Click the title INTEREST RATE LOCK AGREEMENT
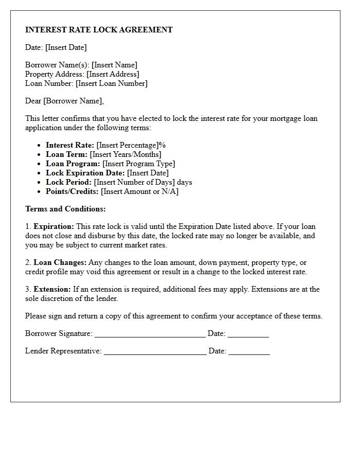(99, 30)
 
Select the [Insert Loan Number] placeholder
(112, 83)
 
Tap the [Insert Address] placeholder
(113, 74)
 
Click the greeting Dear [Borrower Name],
(64, 101)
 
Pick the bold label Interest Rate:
(70, 145)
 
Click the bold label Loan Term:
(67, 154)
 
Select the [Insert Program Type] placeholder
(139, 164)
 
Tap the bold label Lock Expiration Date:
(85, 173)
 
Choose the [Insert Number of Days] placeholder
(134, 182)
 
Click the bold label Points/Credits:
(73, 191)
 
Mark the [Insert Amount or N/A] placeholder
(140, 191)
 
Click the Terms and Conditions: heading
(65, 209)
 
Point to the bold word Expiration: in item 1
(54, 226)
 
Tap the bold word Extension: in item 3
(52, 289)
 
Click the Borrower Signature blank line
(150, 334)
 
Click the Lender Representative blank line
(155, 352)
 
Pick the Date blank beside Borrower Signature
(248, 334)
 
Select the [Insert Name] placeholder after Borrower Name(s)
(114, 65)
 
